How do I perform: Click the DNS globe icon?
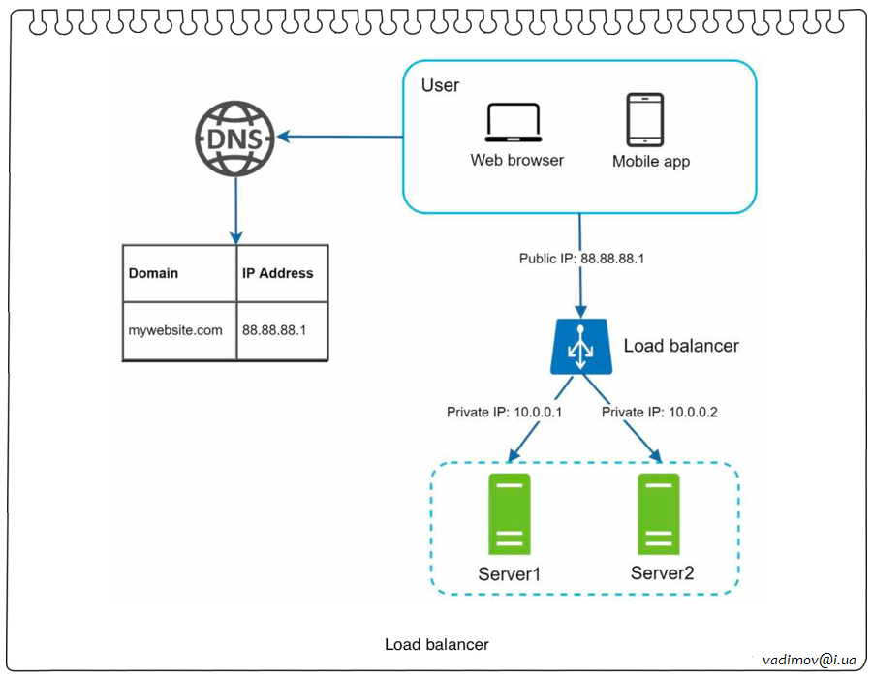pos(235,138)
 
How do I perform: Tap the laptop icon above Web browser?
pos(514,124)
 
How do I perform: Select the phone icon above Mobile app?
pos(644,120)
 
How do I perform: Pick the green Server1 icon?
pos(510,514)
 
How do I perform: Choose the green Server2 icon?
pos(659,514)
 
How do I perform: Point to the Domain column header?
pos(154,273)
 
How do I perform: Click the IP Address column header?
pos(277,273)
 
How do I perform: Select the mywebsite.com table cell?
pos(175,330)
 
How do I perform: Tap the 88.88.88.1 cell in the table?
pos(274,330)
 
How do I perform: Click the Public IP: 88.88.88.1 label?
pos(581,260)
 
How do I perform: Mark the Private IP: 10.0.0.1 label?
pos(504,413)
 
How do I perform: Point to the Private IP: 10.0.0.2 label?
pos(660,413)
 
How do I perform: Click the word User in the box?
pos(441,85)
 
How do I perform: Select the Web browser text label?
pos(517,160)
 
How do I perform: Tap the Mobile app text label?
pos(651,162)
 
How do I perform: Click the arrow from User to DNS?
pos(339,138)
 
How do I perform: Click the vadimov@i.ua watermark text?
pos(809,660)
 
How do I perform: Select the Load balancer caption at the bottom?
pos(437,644)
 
